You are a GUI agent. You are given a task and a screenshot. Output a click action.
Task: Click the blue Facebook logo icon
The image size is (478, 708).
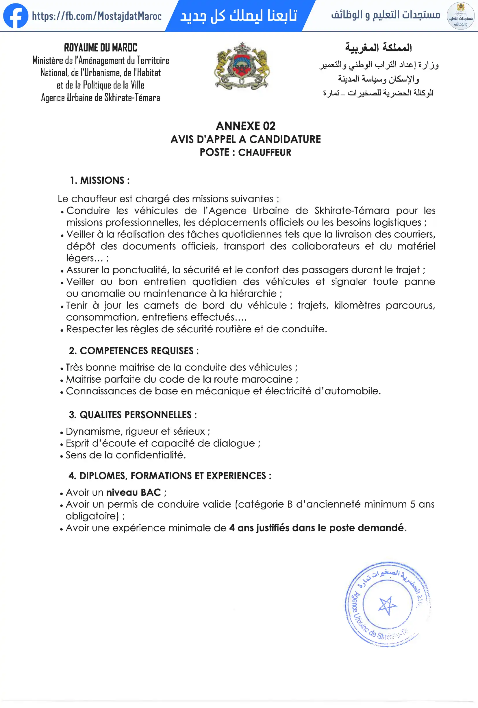(x=16, y=16)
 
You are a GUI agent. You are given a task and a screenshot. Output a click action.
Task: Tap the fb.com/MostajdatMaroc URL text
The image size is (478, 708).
(x=97, y=16)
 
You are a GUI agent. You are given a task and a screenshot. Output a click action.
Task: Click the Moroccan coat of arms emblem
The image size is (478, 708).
(x=242, y=66)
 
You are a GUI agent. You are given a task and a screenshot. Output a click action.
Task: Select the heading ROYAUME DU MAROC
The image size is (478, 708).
(x=101, y=48)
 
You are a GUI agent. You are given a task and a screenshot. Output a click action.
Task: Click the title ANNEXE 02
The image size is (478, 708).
(x=245, y=126)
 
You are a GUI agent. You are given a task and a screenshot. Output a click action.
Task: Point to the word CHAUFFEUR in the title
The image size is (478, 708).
(x=264, y=152)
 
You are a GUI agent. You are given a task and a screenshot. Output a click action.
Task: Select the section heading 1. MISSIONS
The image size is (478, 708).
(x=100, y=180)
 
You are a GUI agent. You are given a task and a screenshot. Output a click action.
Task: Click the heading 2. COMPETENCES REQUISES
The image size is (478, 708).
(x=134, y=351)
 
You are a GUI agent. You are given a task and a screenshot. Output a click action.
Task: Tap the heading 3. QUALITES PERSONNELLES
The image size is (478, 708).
(x=133, y=415)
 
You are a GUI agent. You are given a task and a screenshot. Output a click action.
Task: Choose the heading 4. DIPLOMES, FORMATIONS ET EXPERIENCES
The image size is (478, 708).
(x=170, y=475)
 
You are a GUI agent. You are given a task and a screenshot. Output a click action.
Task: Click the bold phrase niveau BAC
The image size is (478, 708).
(x=133, y=492)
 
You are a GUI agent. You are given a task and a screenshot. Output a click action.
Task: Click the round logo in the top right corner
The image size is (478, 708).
(x=460, y=16)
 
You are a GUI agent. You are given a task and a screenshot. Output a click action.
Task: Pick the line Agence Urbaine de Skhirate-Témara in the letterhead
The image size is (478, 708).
(x=101, y=98)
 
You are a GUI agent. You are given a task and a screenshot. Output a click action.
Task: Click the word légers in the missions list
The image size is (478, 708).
(x=80, y=258)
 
